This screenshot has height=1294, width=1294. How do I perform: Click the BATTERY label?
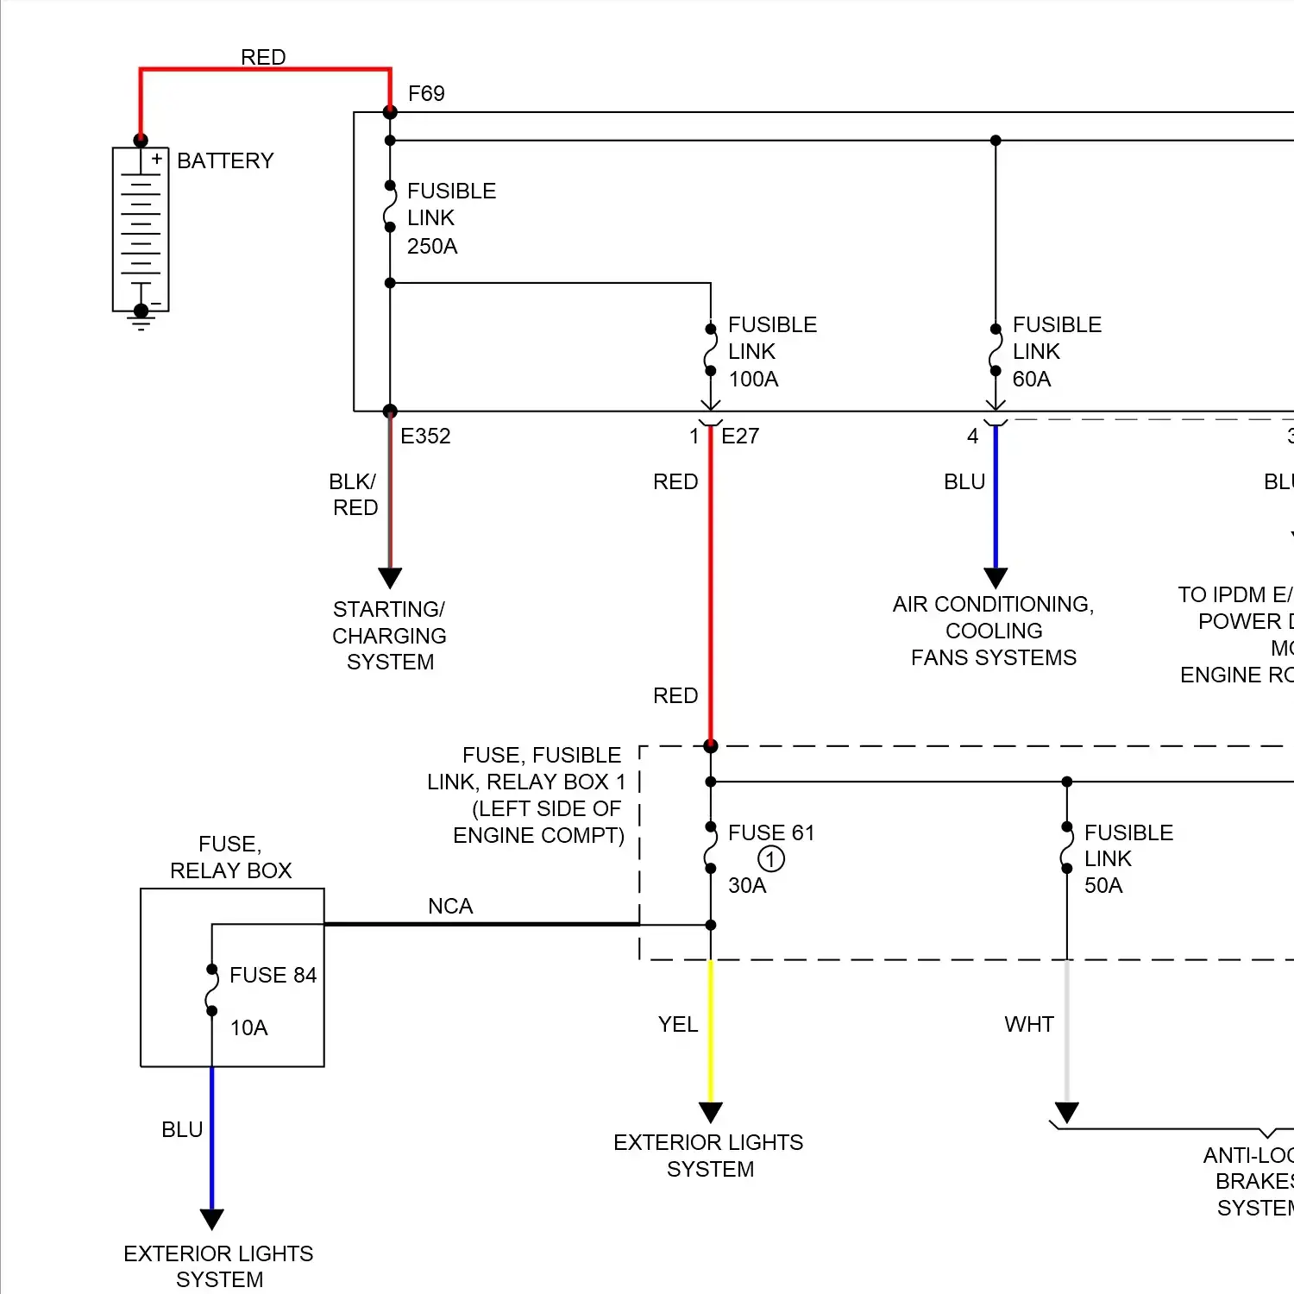225,161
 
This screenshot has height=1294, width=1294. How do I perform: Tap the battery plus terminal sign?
157,159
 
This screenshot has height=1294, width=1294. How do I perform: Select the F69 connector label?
426,93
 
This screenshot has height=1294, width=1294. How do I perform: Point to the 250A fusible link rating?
432,247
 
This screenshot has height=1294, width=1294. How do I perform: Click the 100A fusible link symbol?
710,350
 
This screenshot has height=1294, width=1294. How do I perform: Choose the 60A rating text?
1032,380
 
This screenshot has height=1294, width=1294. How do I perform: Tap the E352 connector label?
425,437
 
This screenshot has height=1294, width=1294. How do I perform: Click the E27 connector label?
740,437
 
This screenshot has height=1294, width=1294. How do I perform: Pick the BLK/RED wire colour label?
354,494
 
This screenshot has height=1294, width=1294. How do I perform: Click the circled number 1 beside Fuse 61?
770,859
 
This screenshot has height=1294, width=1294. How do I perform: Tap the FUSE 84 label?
273,976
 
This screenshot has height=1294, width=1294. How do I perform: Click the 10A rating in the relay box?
249,1028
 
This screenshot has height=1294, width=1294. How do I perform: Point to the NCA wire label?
450,907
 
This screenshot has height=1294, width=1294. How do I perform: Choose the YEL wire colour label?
678,1025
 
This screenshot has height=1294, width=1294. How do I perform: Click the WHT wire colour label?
1029,1025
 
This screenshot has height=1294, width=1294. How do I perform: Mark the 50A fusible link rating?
1103,886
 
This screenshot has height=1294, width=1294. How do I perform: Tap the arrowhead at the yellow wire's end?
710,1112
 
